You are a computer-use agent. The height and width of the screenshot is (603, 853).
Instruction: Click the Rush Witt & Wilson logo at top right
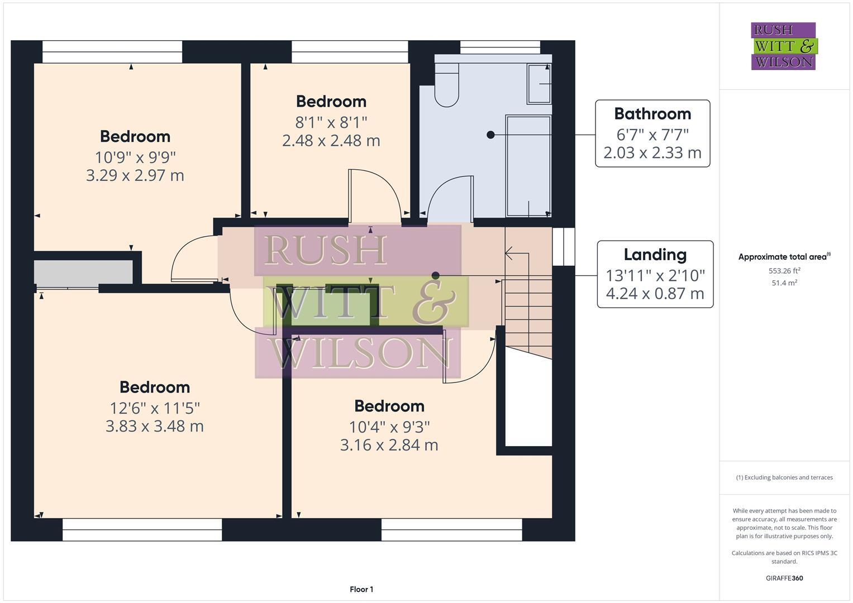[x=783, y=46]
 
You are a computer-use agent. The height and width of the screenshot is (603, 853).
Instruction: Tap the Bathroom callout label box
[x=652, y=133]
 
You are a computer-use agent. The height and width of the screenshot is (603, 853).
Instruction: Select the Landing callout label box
[x=655, y=274]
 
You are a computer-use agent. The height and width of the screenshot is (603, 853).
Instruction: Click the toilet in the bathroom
[x=446, y=84]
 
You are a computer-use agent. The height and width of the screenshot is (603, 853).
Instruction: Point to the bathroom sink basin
[x=539, y=84]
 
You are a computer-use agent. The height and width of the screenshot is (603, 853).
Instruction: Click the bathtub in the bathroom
[x=528, y=166]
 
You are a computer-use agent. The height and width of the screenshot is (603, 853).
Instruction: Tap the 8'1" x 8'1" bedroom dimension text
[x=331, y=122]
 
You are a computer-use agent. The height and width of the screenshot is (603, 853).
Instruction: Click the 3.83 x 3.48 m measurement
[x=154, y=427]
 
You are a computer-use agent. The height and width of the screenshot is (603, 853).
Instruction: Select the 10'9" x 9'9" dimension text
[x=135, y=157]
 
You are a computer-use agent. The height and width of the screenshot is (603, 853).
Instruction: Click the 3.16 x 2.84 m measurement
[x=389, y=445]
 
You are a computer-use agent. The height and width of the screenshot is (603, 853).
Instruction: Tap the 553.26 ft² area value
[x=784, y=271]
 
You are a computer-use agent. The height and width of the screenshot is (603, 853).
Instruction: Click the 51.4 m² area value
[x=784, y=283]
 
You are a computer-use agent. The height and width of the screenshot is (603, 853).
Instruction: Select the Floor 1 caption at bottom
[x=361, y=590]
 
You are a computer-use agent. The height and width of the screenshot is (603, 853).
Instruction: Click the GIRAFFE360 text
[x=784, y=578]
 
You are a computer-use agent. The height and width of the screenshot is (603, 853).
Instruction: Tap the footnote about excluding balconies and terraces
[x=784, y=477]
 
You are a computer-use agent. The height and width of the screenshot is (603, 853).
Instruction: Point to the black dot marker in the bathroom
[x=490, y=135]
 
